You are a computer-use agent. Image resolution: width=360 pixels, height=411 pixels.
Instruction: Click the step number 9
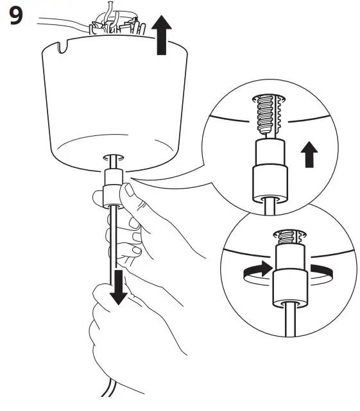click(15, 17)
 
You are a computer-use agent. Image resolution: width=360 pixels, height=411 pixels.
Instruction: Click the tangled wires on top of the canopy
click(116, 26)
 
